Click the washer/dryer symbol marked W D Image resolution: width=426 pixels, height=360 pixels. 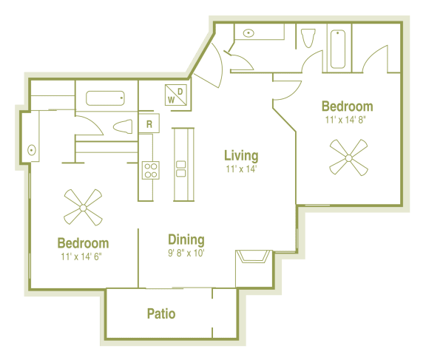(x=175, y=95)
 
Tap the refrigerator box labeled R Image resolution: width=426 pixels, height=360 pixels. (x=149, y=123)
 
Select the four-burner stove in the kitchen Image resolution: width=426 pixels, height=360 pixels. (x=150, y=171)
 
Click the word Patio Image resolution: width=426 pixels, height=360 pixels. (x=161, y=313)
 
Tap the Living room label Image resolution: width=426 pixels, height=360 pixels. (x=241, y=155)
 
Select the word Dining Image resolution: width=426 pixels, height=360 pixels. (x=186, y=240)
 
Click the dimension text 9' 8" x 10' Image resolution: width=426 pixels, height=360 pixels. (x=186, y=254)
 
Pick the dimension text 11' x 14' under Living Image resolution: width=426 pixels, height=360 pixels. (x=241, y=169)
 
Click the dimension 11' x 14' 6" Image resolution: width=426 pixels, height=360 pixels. (x=83, y=257)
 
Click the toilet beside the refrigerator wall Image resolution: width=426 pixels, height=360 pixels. (x=122, y=125)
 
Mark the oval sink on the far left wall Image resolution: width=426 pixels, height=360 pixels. (x=32, y=150)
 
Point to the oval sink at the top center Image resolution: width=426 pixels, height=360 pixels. (x=249, y=33)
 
